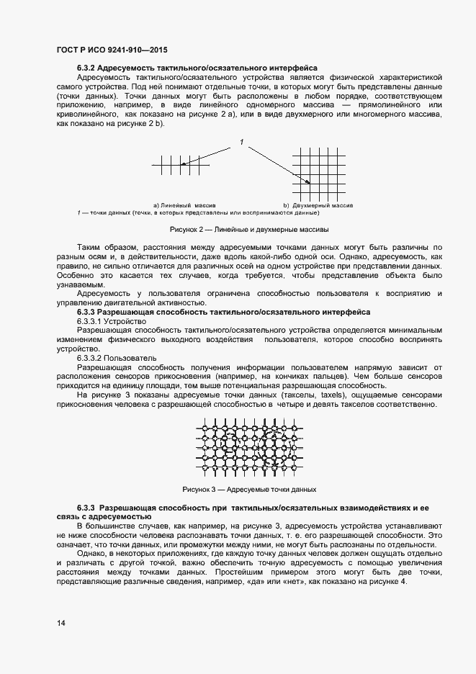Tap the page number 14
[x=61, y=623]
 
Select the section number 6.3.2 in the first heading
[x=88, y=68]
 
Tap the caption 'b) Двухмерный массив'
[x=318, y=205]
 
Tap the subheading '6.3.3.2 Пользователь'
[x=117, y=358]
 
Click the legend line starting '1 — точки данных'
[x=199, y=212]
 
